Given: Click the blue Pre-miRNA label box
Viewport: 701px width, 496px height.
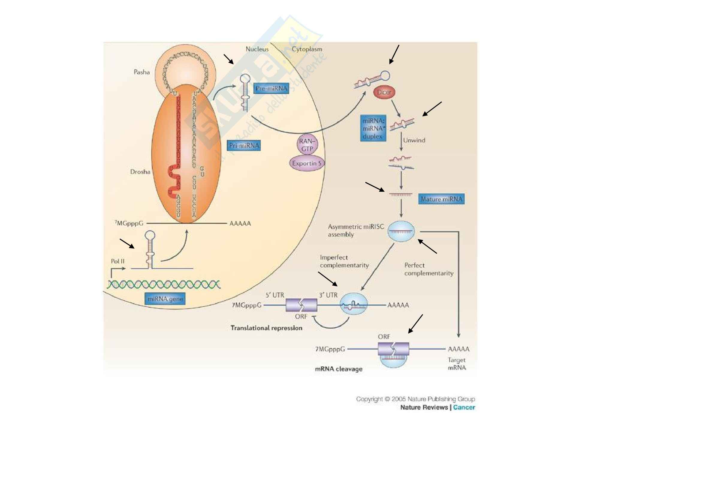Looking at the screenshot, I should coord(271,89).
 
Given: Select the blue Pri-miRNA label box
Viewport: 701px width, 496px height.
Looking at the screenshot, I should coord(244,146).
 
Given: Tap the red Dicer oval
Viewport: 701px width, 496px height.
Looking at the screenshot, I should coord(384,92).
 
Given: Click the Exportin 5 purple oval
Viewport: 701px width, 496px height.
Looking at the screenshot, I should coord(307,164).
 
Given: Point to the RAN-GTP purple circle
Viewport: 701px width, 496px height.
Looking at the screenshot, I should coord(307,145).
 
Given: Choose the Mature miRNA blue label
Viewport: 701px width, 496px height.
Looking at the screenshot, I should coord(441,199).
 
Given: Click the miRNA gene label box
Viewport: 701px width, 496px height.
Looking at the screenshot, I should coord(165,299).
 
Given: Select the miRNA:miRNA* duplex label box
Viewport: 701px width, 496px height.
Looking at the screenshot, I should coord(373,129).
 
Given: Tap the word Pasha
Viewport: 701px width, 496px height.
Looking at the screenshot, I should coord(142,72).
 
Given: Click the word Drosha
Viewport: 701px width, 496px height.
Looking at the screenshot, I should coord(140,172).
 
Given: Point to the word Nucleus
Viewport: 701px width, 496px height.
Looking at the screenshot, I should coord(257,49).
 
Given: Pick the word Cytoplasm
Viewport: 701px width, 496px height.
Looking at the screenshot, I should coord(307,49).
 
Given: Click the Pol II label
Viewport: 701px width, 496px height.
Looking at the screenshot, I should coord(117,261).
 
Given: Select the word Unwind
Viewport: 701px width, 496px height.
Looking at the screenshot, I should coord(414,140).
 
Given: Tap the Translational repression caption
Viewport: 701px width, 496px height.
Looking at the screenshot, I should coord(266,328).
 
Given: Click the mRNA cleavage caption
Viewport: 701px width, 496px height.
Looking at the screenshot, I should coord(339,369).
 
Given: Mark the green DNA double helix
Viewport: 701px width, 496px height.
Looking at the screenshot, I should coord(164,284).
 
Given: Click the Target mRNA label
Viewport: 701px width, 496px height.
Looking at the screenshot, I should coord(457,364).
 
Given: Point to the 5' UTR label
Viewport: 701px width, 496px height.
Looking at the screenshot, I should coord(275,295).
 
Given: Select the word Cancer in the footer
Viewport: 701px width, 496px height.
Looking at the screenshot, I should coord(464,407).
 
